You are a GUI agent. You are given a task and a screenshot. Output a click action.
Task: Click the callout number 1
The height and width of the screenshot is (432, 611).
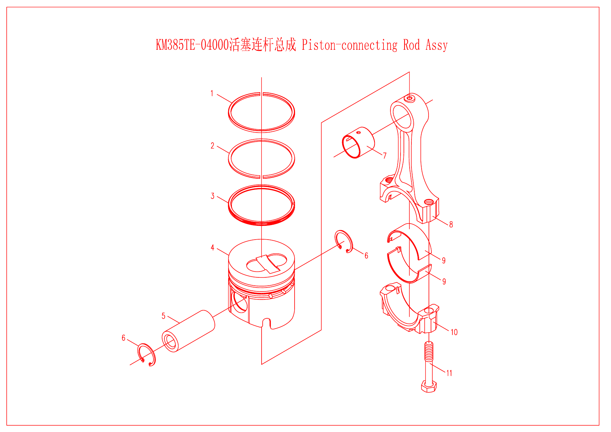pyautogui.click(x=212, y=94)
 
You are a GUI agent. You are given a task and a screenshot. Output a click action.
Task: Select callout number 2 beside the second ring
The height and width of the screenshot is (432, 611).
pyautogui.click(x=212, y=146)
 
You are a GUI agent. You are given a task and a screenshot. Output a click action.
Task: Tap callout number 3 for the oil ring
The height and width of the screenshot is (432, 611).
pyautogui.click(x=213, y=196)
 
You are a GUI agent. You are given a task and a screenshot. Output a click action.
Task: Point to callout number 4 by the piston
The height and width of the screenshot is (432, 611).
pyautogui.click(x=212, y=248)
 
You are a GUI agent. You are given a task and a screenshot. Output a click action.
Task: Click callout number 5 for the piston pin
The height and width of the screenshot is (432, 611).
pyautogui.click(x=163, y=316)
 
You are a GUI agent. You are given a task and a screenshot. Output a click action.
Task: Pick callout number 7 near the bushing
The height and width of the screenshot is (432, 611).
pyautogui.click(x=385, y=156)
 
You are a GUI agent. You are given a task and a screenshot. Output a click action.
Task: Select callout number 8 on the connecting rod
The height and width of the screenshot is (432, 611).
pyautogui.click(x=451, y=225)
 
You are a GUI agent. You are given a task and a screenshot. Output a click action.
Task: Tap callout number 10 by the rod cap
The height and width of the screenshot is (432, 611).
pyautogui.click(x=454, y=332)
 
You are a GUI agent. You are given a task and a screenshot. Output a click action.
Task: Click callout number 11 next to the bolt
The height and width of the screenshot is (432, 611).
pyautogui.click(x=449, y=373)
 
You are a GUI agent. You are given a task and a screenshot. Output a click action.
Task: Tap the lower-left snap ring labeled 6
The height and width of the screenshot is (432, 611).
pyautogui.click(x=147, y=354)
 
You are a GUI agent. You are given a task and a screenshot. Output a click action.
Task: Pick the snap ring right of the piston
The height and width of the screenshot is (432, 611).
pyautogui.click(x=344, y=241)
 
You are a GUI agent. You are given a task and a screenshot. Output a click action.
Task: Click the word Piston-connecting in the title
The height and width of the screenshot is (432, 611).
pyautogui.click(x=349, y=45)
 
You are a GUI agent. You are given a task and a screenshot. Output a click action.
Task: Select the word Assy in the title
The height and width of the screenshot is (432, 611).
pyautogui.click(x=436, y=45)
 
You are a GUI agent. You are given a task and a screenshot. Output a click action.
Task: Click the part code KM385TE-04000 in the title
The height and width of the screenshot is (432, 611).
pyautogui.click(x=192, y=45)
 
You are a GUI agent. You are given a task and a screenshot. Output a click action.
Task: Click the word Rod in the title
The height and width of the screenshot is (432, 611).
pyautogui.click(x=411, y=45)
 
